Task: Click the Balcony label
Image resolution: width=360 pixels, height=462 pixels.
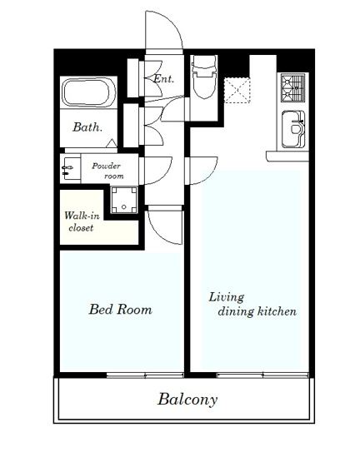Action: (x=187, y=400)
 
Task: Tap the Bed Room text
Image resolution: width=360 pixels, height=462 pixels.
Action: (x=120, y=310)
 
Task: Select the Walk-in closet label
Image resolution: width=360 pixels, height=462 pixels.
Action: (x=82, y=221)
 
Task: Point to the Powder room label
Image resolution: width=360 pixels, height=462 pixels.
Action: (x=107, y=171)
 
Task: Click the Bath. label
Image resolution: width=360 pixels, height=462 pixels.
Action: (x=87, y=127)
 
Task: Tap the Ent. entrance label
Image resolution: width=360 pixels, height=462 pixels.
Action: (x=164, y=79)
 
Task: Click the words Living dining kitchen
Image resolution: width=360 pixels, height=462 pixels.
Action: (x=252, y=305)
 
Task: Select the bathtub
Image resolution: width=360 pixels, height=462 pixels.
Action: (x=89, y=92)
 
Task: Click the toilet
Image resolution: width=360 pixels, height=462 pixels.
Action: (x=203, y=77)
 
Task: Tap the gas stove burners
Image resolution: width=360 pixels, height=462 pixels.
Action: (x=292, y=87)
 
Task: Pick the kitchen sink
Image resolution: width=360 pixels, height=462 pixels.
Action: (x=293, y=129)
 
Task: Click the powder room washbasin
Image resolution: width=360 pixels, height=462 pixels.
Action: (x=70, y=168)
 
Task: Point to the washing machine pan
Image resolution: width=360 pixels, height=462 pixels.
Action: (x=124, y=200)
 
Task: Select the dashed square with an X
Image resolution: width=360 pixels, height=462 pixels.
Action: (x=237, y=90)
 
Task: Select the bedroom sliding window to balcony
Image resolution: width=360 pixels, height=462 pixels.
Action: (x=145, y=375)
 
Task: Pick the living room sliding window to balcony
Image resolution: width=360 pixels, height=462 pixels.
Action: (x=262, y=375)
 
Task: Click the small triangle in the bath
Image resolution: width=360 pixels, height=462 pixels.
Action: (x=112, y=143)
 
